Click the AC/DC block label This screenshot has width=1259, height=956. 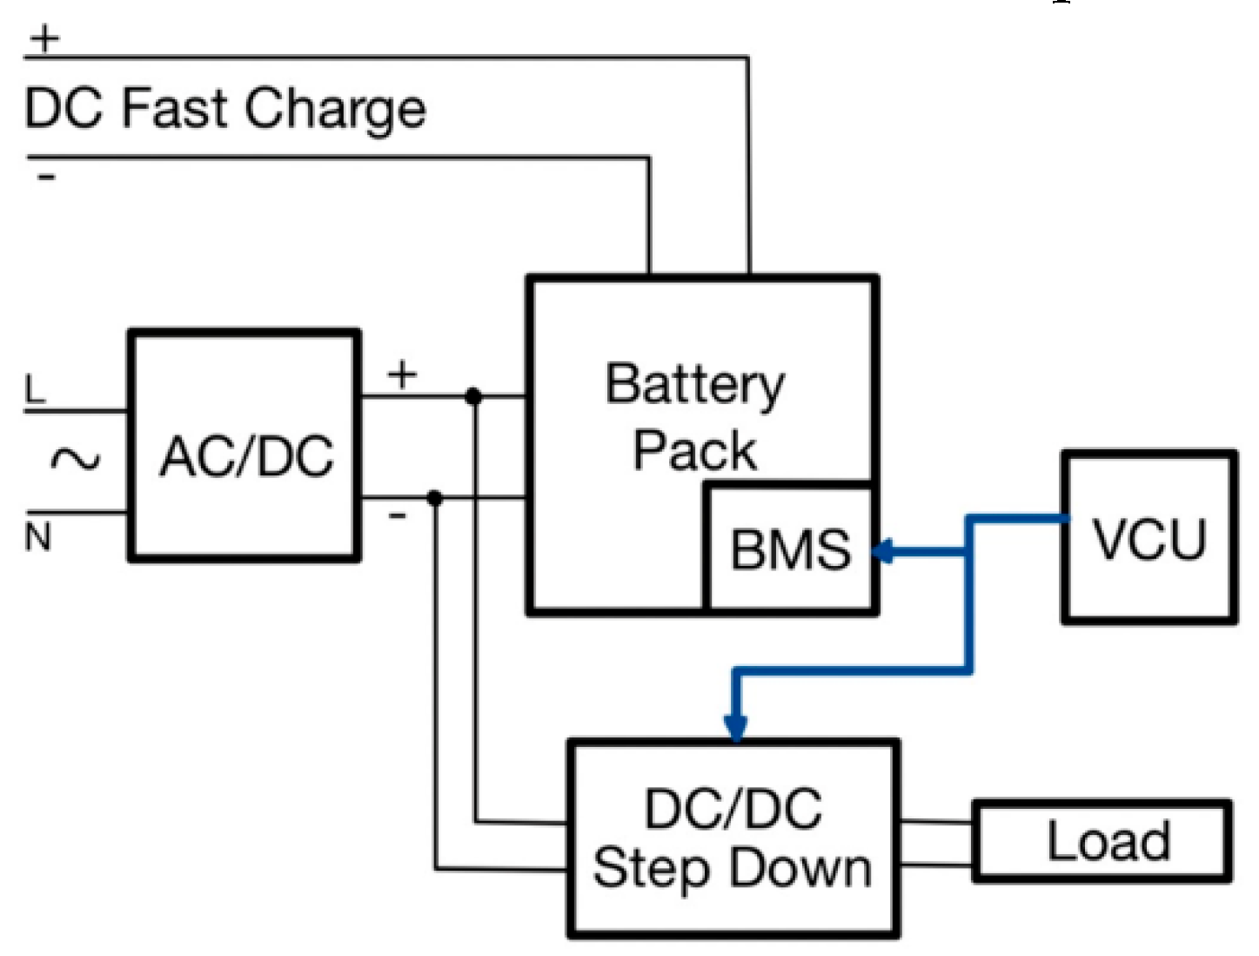(247, 456)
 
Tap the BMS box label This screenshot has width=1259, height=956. (790, 549)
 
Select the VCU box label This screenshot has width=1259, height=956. (1149, 539)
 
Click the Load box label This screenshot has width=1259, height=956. (1108, 841)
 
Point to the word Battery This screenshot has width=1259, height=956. (694, 385)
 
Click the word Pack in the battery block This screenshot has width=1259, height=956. (694, 450)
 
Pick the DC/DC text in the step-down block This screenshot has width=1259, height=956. (733, 808)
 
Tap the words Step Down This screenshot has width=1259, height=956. (733, 869)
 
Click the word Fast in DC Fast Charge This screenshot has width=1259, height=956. (174, 109)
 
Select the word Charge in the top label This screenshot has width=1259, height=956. (335, 111)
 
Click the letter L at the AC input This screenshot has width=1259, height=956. (35, 389)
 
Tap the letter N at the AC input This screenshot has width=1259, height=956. (37, 537)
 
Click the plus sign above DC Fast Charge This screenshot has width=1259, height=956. (45, 38)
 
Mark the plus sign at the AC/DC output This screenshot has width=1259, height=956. (402, 375)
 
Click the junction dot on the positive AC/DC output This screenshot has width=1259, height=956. (473, 397)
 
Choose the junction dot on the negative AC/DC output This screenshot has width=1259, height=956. (435, 498)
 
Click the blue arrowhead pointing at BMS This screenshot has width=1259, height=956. (883, 551)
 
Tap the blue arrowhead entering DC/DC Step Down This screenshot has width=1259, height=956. (735, 726)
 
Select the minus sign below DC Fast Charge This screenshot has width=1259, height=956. (46, 178)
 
